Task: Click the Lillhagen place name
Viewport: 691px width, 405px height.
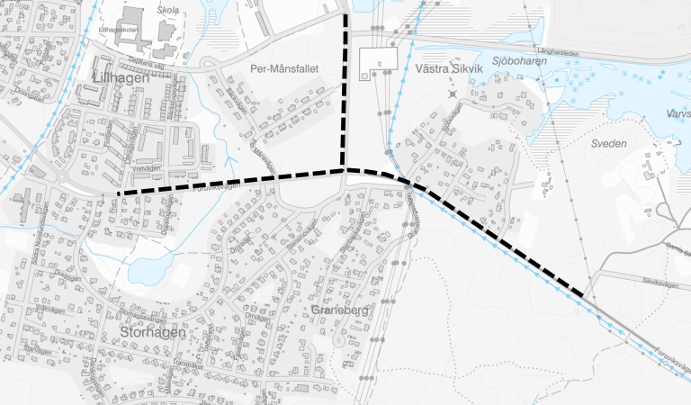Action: [x=120, y=84]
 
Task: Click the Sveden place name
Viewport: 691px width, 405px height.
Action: [x=608, y=142]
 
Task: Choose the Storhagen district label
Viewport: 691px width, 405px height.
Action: [x=151, y=332]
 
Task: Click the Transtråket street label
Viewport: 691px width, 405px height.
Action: [x=189, y=364]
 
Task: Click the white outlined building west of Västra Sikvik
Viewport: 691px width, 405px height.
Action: [x=378, y=61]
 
